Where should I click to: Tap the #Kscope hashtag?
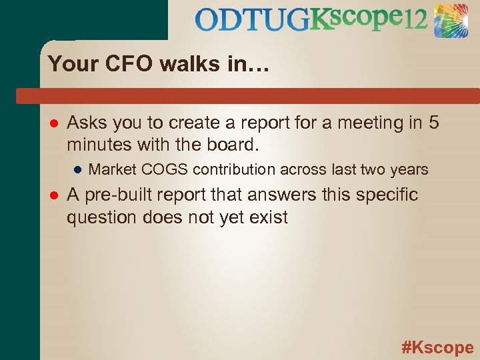click(x=437, y=347)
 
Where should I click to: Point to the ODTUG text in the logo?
click(x=253, y=21)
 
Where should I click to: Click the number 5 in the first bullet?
click(x=434, y=123)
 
